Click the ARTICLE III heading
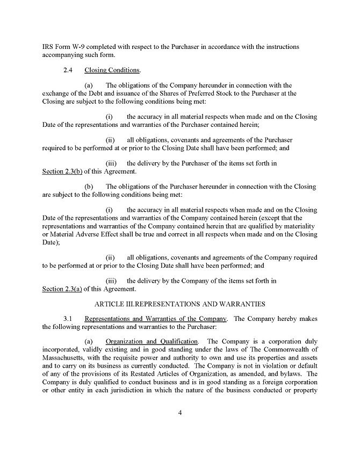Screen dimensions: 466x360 179,304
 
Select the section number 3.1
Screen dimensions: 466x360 68,319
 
